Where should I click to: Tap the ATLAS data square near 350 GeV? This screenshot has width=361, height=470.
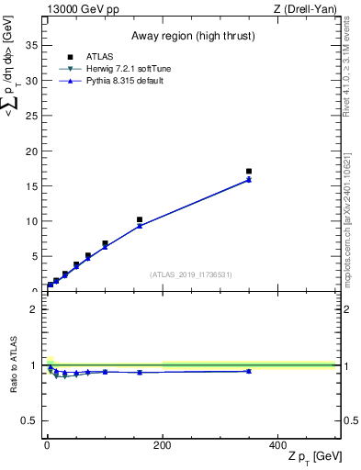click(x=249, y=171)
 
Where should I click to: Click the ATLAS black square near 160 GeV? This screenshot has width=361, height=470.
click(x=140, y=220)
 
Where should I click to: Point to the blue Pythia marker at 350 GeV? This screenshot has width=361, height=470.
click(x=249, y=180)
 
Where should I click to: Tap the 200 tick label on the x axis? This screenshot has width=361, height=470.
click(x=163, y=445)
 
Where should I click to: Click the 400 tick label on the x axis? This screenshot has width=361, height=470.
click(x=277, y=445)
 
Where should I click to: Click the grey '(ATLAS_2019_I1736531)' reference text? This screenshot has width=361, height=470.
click(x=190, y=274)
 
